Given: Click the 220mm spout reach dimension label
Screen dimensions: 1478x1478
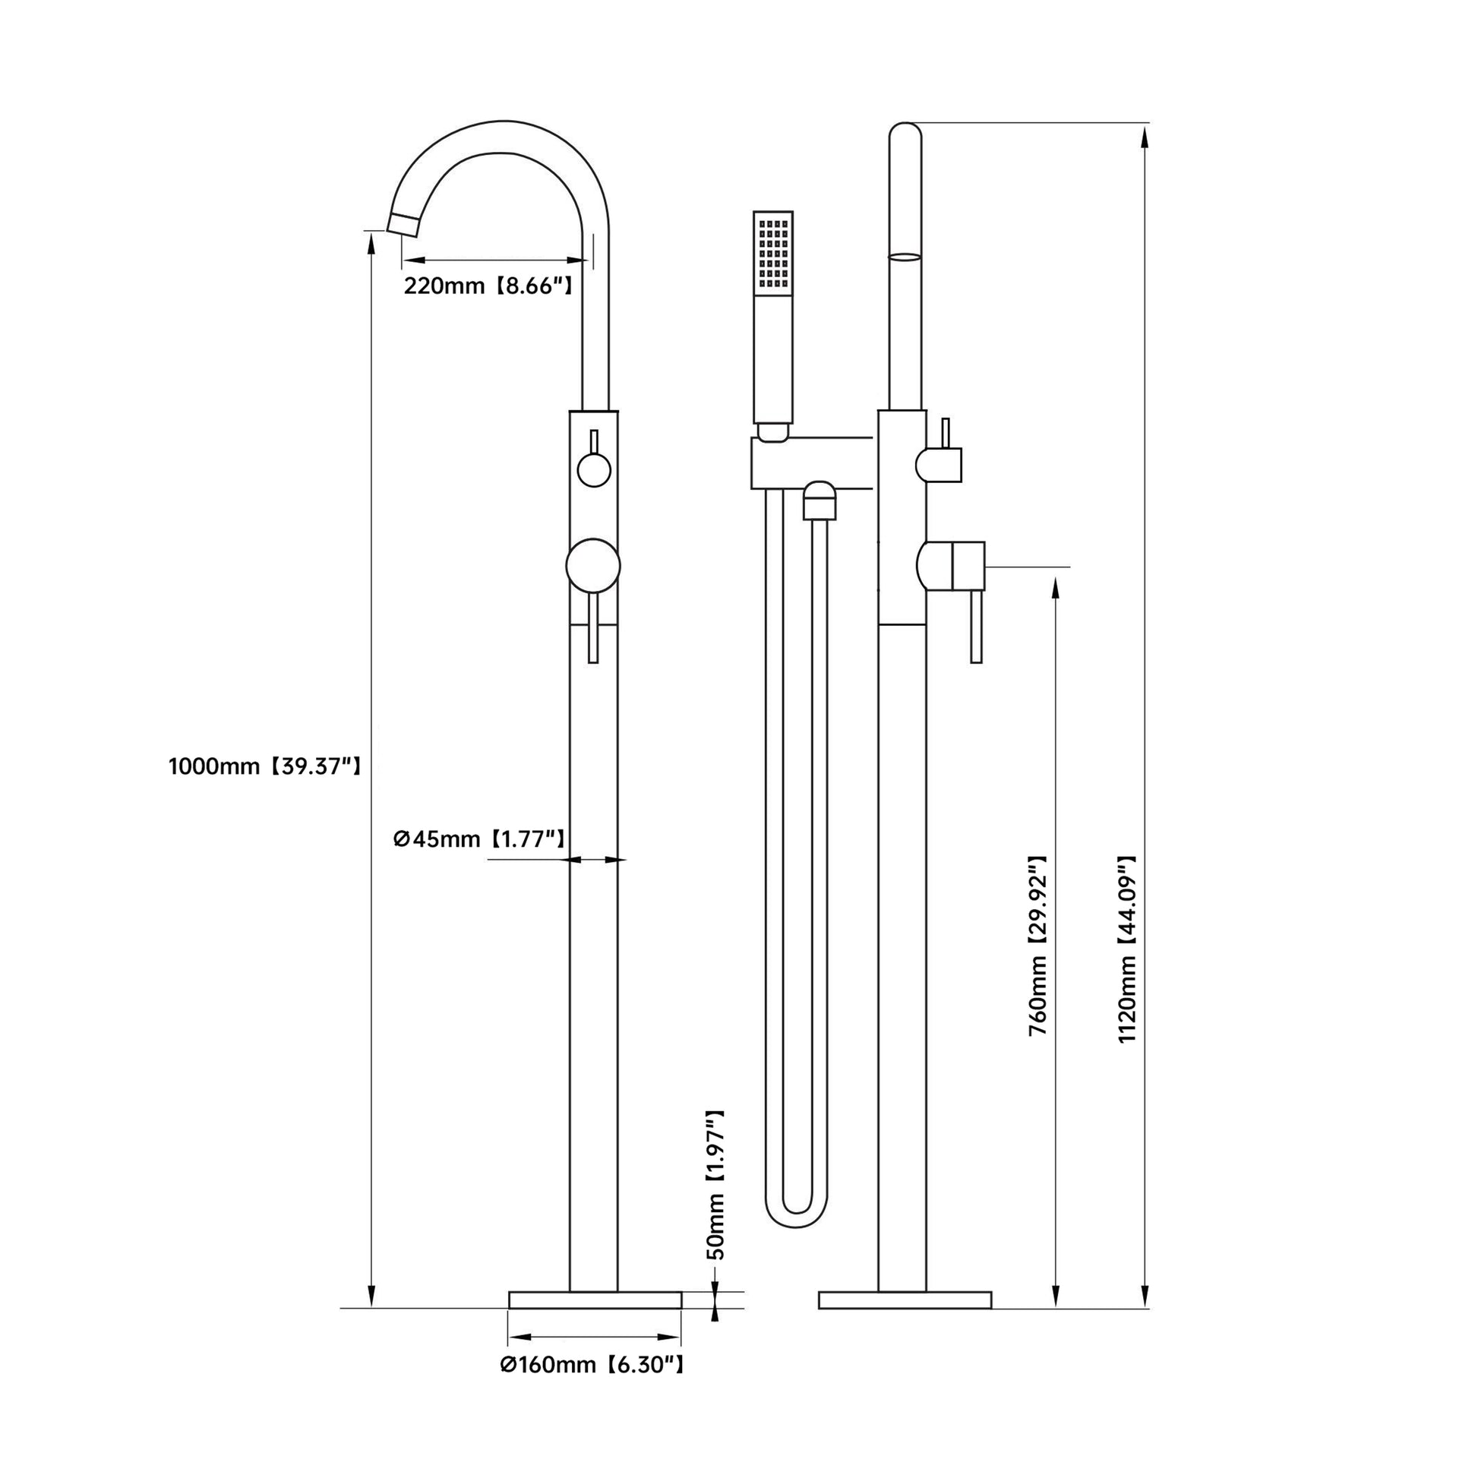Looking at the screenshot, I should (x=488, y=286).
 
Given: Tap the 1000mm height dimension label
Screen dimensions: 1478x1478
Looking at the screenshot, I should (x=265, y=766).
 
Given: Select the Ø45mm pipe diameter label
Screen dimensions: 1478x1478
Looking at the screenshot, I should (x=479, y=839).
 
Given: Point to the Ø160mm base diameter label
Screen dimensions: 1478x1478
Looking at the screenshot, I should (x=592, y=1364).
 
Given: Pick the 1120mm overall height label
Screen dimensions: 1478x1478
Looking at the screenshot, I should (x=1128, y=949).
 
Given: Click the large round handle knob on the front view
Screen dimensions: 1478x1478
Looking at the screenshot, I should (x=593, y=566).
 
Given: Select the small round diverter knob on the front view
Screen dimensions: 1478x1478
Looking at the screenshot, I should (x=594, y=469).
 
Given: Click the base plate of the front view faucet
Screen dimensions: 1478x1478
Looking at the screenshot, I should (x=595, y=1300).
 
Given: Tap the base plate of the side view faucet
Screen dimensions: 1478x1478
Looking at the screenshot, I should (x=905, y=1300).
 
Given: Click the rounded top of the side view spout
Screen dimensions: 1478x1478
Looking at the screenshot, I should (x=905, y=131).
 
